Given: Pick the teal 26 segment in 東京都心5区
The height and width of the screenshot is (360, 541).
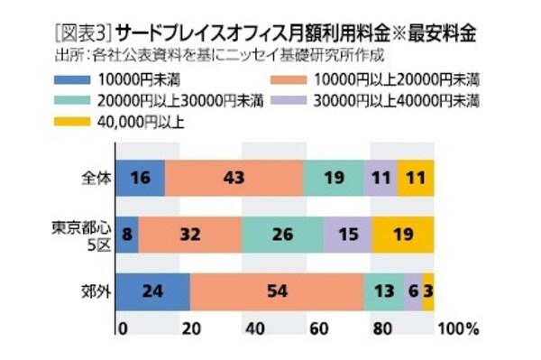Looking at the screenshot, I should [281, 235].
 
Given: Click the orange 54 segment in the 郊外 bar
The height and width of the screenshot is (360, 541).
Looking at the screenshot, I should [276, 291].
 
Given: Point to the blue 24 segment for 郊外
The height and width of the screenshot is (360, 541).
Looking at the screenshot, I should [153, 291].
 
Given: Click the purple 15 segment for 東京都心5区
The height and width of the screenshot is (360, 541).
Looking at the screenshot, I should [347, 235].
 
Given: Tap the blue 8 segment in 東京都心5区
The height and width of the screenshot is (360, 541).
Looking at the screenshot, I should [127, 235].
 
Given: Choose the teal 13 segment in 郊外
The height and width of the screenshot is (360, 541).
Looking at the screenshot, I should [383, 291].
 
